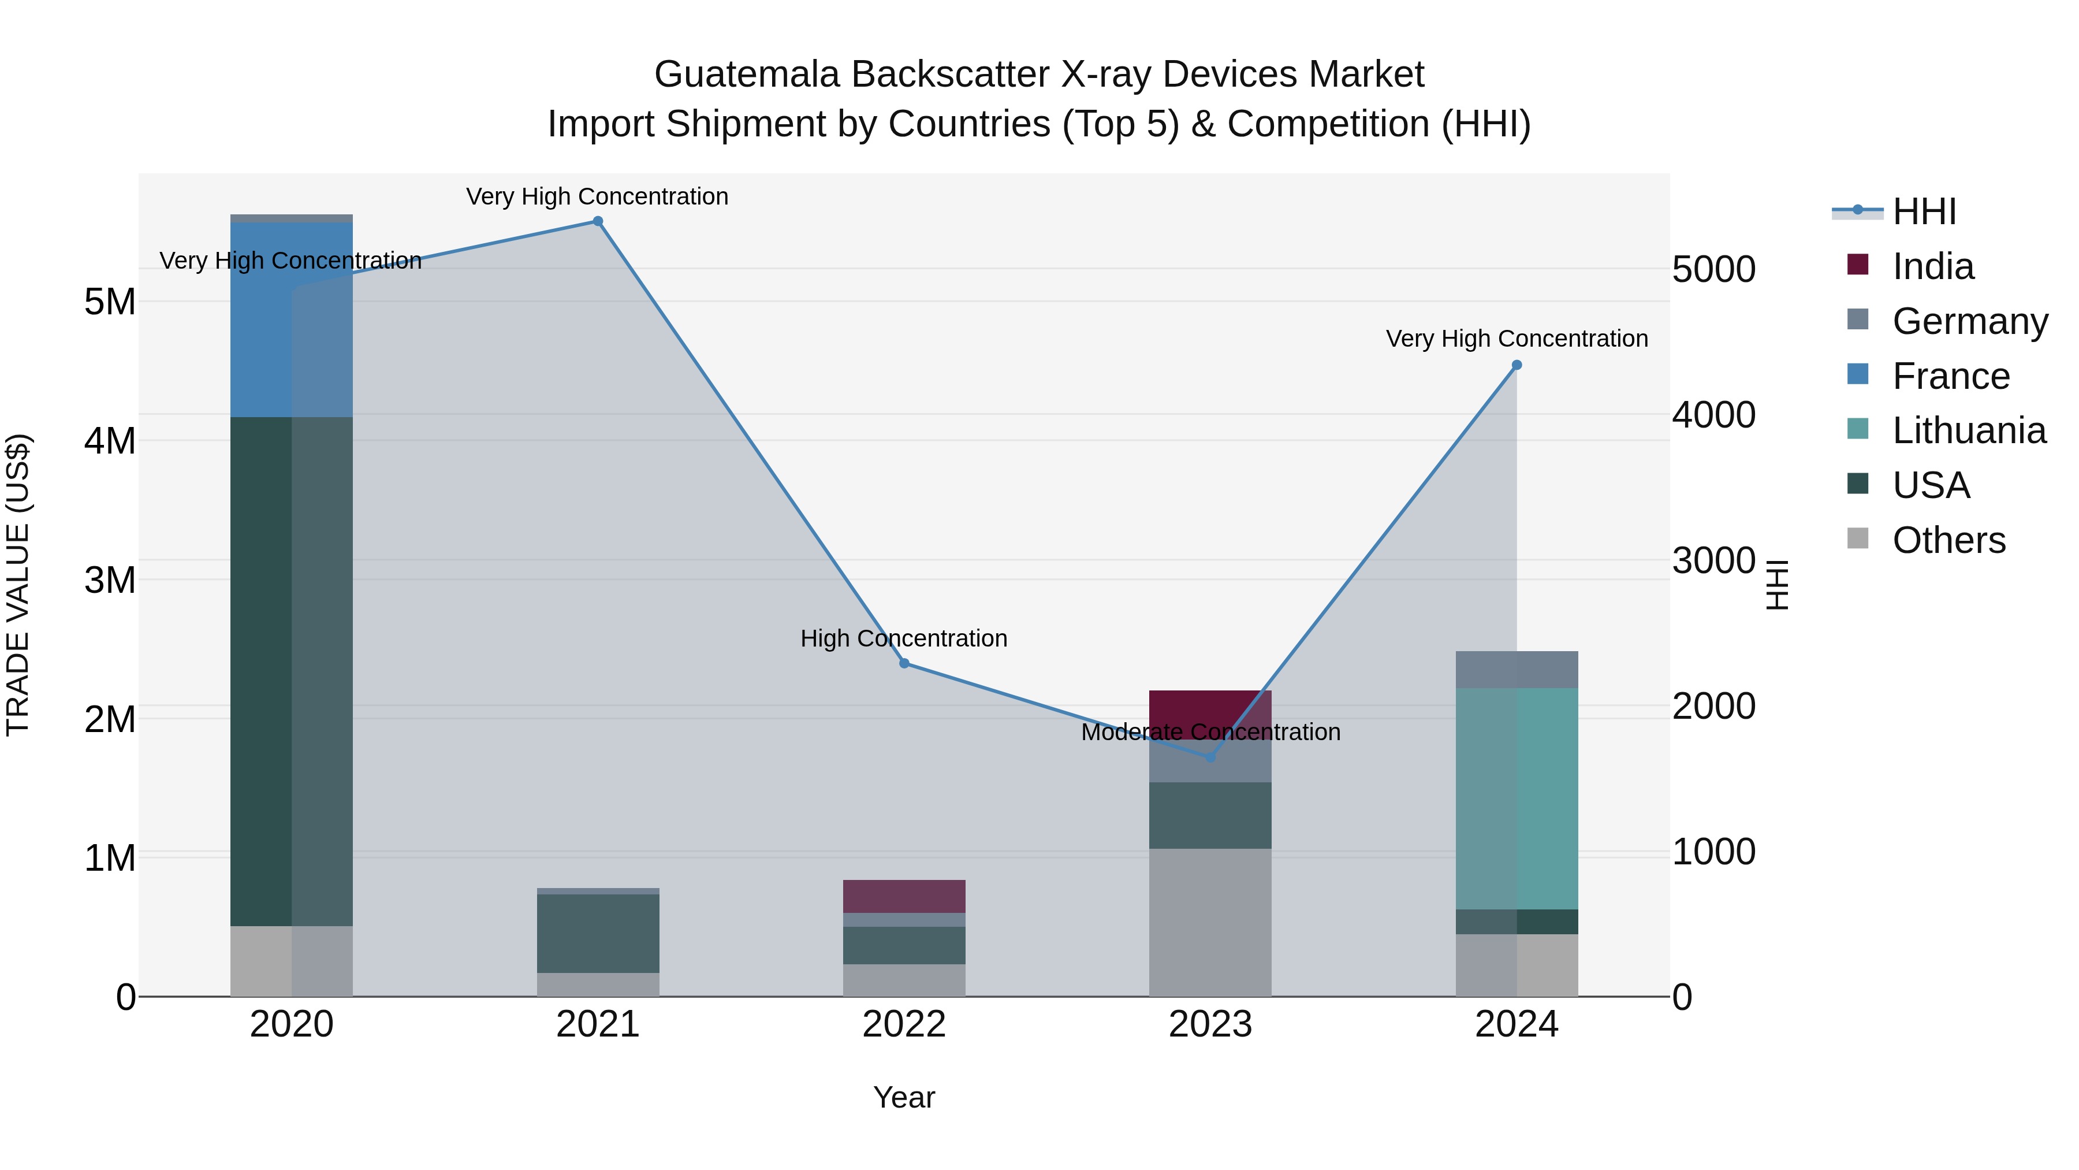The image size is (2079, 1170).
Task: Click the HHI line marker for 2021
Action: coord(597,221)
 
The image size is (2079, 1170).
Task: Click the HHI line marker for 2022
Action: coord(904,663)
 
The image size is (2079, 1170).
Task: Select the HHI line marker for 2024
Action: coord(1516,365)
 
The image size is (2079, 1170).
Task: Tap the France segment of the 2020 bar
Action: coord(292,319)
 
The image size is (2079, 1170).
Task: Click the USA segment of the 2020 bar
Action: coord(292,670)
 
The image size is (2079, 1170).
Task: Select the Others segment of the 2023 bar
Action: coord(1210,922)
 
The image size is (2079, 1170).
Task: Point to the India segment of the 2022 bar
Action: coord(904,896)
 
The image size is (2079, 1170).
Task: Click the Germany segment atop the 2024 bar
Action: coord(1516,670)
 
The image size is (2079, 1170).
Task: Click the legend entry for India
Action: coord(1932,266)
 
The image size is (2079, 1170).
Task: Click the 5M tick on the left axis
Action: coord(110,302)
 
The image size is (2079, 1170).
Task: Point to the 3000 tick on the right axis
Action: coord(1713,560)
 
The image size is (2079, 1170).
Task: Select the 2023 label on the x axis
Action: coord(1210,1024)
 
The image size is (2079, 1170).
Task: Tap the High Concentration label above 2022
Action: coord(904,638)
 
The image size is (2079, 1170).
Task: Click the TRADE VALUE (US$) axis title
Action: coord(18,585)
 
